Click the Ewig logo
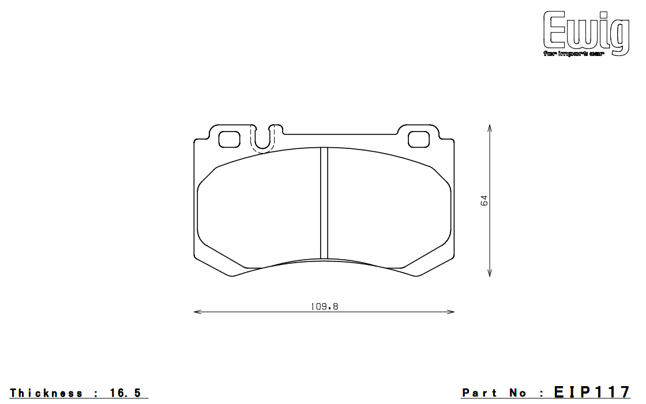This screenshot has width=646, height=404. click(586, 33)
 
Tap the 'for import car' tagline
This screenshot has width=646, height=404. click(573, 54)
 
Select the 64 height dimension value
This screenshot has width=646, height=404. click(484, 201)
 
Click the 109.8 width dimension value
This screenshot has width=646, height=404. click(324, 306)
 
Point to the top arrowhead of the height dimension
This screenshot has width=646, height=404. click(490, 128)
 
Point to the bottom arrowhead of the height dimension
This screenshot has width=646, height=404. click(490, 273)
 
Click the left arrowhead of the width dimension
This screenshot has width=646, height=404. click(197, 312)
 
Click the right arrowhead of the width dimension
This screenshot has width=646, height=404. click(450, 312)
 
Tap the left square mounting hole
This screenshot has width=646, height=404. click(229, 139)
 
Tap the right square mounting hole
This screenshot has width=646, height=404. click(419, 139)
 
